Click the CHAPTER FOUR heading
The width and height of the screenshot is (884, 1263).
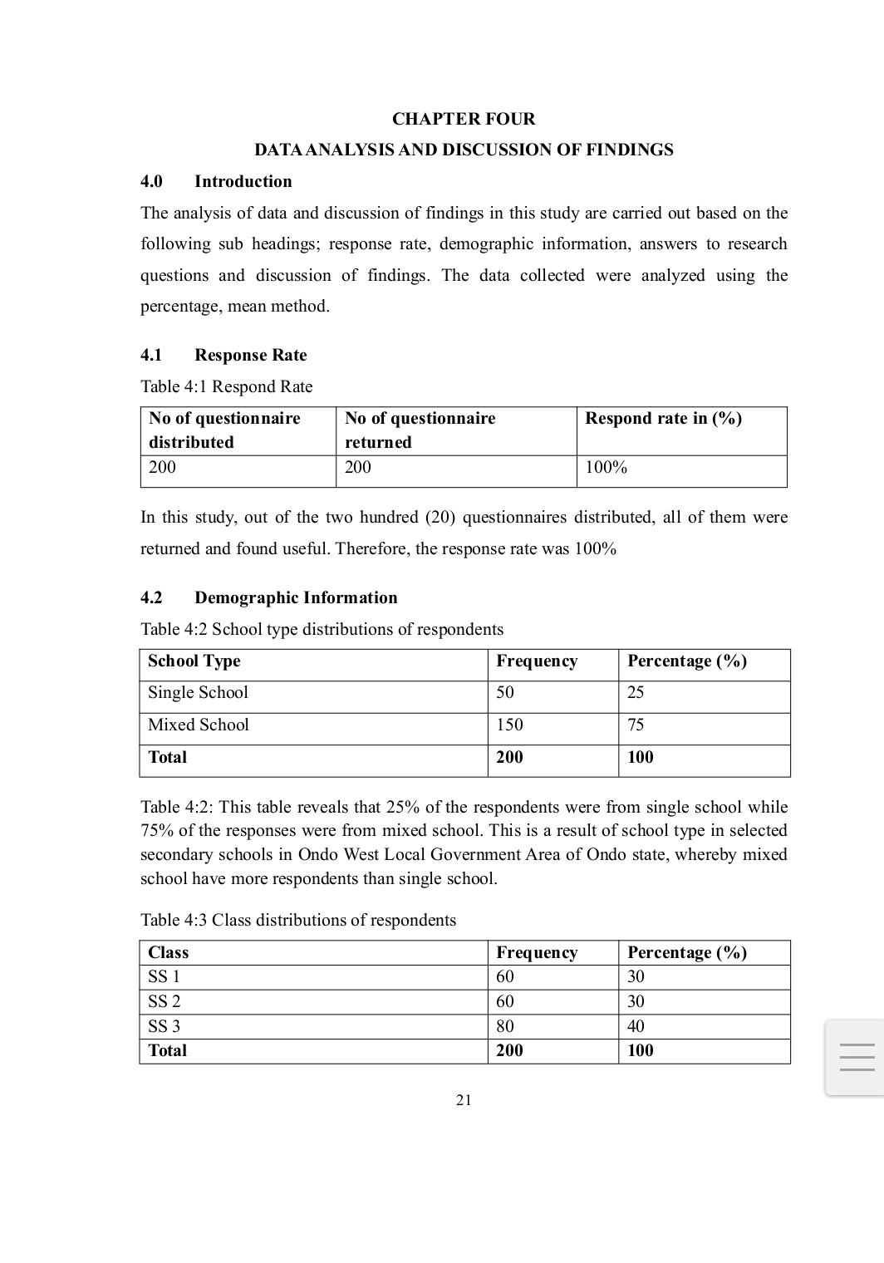coord(464,119)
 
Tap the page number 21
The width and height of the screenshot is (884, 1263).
coord(464,1100)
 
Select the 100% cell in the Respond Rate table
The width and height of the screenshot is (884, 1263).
coord(606,467)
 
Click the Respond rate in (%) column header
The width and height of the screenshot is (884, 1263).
coord(663,418)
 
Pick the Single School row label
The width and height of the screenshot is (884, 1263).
coord(198,692)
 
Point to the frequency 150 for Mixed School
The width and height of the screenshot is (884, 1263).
coord(509,725)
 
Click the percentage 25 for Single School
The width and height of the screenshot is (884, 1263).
coord(636,692)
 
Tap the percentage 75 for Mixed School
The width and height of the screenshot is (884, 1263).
coord(636,725)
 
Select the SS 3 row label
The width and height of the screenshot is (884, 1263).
coord(164,1026)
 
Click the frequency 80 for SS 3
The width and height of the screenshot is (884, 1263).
coord(505,1026)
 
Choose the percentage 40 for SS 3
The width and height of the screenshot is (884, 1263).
coord(636,1026)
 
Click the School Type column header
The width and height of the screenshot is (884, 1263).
coord(194,661)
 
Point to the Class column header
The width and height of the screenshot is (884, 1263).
coord(168,952)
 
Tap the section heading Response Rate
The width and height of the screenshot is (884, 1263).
coord(250,355)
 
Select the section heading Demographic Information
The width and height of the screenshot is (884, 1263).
coord(296,597)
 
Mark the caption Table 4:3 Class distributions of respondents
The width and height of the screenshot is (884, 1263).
coord(298,920)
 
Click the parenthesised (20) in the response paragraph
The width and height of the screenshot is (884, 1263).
coord(439,517)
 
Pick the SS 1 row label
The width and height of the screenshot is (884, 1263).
coord(164,976)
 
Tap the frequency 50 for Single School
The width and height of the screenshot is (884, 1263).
coord(505,692)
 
